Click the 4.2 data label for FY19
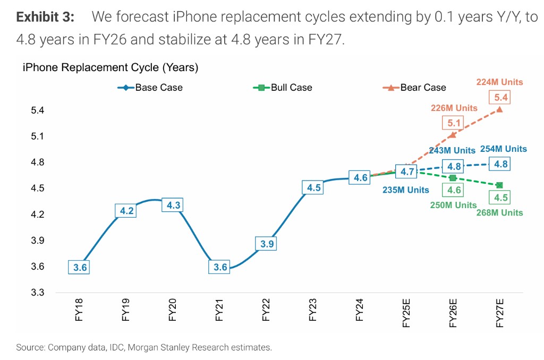(126, 211)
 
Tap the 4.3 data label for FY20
(173, 205)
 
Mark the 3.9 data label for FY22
(267, 244)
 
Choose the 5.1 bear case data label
(453, 123)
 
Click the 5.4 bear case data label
(500, 98)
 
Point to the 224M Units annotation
(499, 82)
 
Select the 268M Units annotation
(499, 213)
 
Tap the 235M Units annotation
(406, 190)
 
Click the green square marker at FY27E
(499, 185)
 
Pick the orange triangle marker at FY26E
(453, 135)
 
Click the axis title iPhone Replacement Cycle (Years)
(110, 67)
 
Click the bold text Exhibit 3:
(46, 17)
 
